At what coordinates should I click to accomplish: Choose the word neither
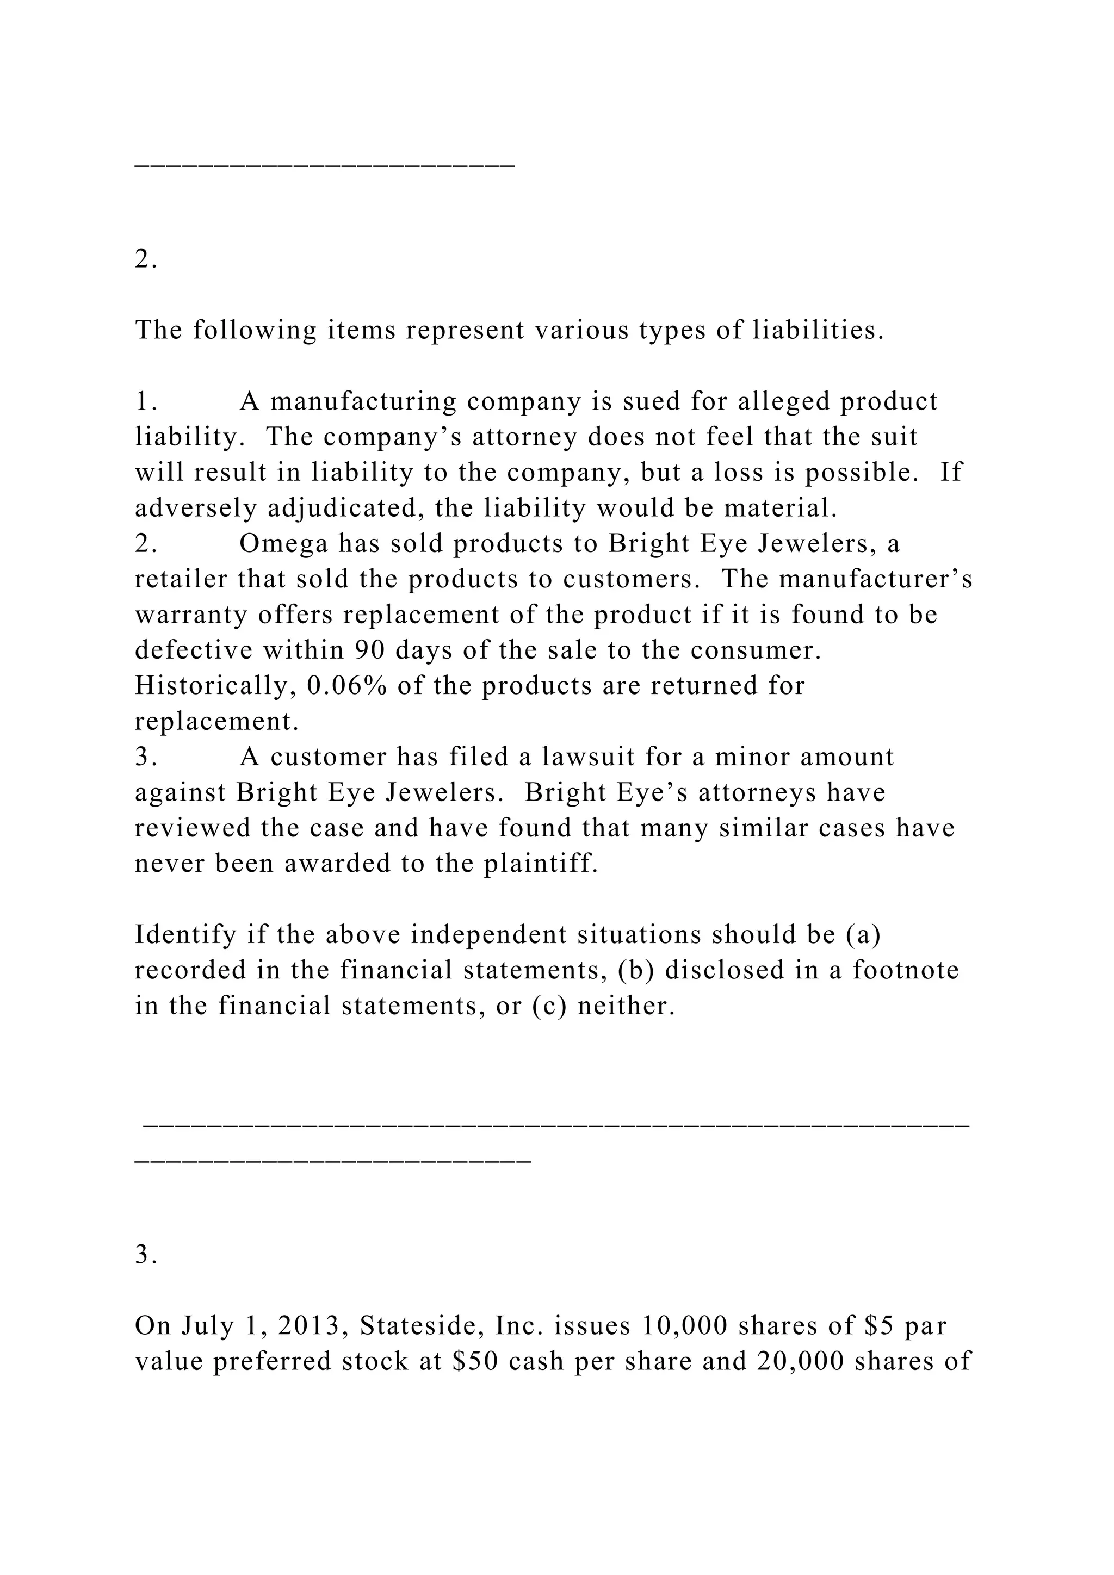pyautogui.click(x=626, y=1006)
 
